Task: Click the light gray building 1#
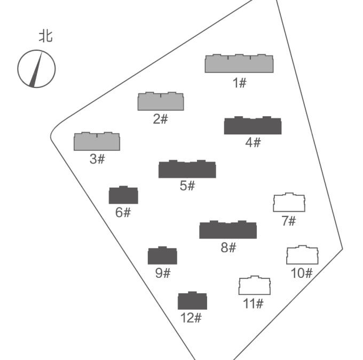coord(240,63)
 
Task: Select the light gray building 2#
coord(161,102)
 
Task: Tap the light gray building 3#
coord(97,142)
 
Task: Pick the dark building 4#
coord(252,126)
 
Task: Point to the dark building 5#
coord(187,170)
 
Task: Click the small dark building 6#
coord(123,195)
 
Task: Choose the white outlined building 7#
coord(289,203)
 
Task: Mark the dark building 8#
coord(228,230)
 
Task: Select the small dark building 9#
coord(162,256)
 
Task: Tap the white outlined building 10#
coord(302,255)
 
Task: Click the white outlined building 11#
coord(254,286)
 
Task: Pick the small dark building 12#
coord(192,301)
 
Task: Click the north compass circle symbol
coord(36,68)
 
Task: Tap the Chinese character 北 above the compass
coord(45,36)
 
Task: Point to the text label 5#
coord(187,186)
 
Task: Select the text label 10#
coord(302,273)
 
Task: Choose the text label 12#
coord(191,318)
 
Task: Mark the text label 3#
coord(97,159)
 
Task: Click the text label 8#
coord(228,247)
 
